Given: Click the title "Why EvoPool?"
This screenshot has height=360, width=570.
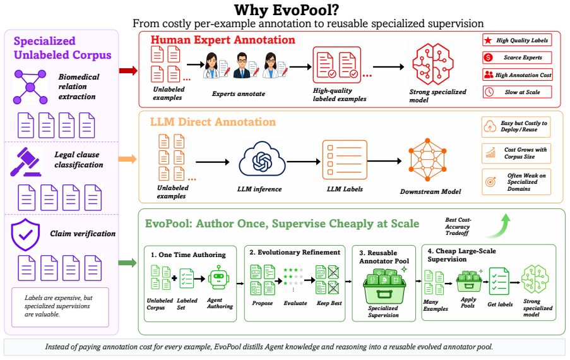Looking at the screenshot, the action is coord(287,10).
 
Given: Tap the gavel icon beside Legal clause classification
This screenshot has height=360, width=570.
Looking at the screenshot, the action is coord(25,162).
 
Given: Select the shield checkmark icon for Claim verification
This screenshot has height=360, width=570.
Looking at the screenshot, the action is coord(25,234).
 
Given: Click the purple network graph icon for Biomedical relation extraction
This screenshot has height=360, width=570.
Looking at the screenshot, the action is coord(30,87).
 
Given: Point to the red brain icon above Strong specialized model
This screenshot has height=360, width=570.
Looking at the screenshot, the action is coord(432,64).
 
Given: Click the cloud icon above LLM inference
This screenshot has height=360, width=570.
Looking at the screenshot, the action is coord(262,160).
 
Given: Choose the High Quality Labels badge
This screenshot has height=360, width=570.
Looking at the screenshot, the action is coord(517,40).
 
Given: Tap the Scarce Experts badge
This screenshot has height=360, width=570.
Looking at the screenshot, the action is coord(517,57).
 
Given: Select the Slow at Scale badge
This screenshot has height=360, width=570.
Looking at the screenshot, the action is coord(517,92).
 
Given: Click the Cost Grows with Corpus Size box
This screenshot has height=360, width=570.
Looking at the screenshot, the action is coord(516,153).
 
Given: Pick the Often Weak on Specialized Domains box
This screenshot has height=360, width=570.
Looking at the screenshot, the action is coord(516,182).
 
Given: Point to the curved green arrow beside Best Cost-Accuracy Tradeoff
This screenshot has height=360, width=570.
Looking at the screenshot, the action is coord(500,227).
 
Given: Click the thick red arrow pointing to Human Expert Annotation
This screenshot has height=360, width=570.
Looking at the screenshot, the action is coord(128,71).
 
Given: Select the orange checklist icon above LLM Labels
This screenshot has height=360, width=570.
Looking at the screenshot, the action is coord(345,160).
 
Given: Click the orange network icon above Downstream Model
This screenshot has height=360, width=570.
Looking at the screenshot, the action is coord(427,160).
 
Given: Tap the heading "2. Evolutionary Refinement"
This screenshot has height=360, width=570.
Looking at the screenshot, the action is coord(295,253).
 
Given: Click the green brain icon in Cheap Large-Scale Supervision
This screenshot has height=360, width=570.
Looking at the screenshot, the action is coord(535,279).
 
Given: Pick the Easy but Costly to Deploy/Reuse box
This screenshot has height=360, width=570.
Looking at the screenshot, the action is coord(516,127).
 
